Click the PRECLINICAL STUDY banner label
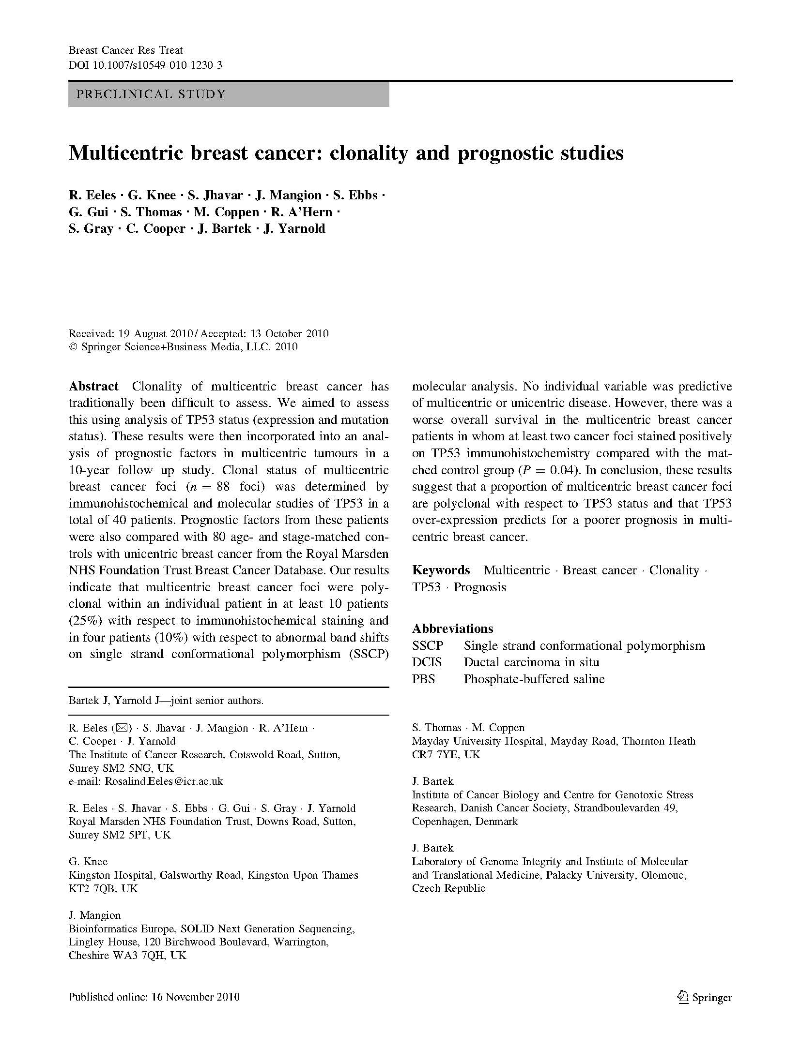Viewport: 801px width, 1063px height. click(151, 94)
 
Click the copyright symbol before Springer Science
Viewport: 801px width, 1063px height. click(73, 347)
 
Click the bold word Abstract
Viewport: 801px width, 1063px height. click(93, 386)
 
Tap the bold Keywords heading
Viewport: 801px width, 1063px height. click(441, 570)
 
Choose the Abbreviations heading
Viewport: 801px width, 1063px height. click(452, 629)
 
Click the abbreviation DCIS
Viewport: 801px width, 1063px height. click(427, 662)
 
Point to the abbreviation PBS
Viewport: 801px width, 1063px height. click(423, 679)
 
